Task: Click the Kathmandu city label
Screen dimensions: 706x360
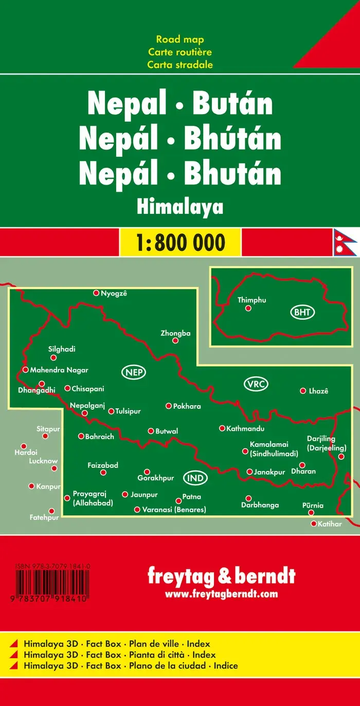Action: point(245,428)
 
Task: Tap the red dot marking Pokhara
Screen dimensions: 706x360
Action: point(168,406)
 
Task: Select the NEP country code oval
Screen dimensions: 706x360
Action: point(134,372)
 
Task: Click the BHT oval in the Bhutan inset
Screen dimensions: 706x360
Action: point(302,312)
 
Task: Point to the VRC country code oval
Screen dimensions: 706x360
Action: point(256,384)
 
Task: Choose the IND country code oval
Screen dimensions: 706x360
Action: point(195,478)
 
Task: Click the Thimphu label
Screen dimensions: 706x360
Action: point(252,300)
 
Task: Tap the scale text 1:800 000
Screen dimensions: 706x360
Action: point(180,242)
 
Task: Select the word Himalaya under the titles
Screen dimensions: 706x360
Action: point(180,207)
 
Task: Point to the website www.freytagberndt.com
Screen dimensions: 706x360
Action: point(221,594)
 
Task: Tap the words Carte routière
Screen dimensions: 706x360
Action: point(180,52)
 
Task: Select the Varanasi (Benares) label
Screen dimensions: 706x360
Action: point(174,510)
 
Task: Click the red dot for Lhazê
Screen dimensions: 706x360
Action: point(303,391)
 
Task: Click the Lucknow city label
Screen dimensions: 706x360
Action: point(43,461)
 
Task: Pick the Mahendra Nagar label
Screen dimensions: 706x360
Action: point(59,370)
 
